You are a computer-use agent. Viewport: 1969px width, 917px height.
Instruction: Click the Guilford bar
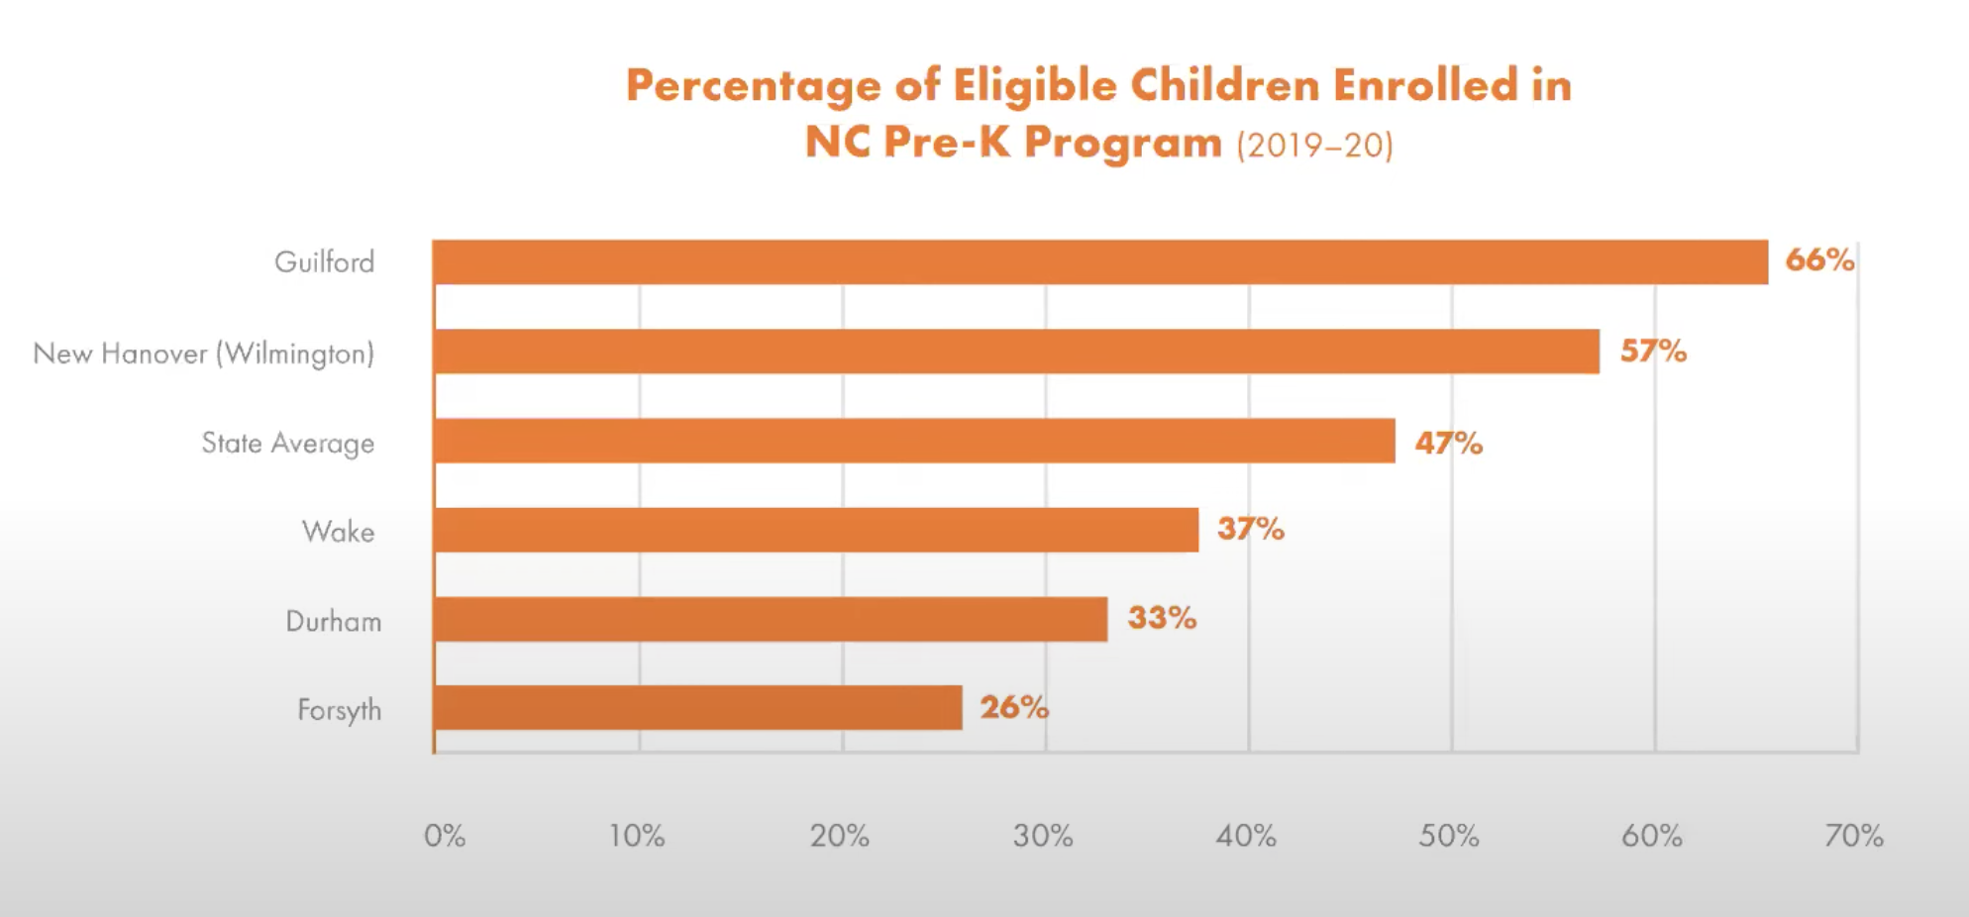coord(1099,262)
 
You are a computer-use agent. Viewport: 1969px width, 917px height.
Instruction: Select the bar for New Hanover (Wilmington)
coord(1016,352)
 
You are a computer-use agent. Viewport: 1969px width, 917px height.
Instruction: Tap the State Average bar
coord(914,441)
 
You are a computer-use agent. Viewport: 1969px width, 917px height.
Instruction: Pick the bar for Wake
coord(816,530)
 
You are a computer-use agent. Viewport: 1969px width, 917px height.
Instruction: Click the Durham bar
coord(771,619)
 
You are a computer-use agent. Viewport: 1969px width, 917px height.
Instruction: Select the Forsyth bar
coord(698,708)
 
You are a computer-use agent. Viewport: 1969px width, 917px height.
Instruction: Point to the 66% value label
coord(1819,260)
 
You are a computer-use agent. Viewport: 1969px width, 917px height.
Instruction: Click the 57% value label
coord(1653,351)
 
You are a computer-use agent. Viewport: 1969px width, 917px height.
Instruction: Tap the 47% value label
coord(1448,443)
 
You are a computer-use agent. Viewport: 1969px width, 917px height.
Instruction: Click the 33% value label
coord(1162,618)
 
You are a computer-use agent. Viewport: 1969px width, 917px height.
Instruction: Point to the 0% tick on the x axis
coord(445,836)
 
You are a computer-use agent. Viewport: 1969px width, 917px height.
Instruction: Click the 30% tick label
coord(1043,836)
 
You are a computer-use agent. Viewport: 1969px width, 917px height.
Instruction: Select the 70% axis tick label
coord(1854,836)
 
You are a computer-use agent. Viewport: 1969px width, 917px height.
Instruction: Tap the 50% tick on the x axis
coord(1449,836)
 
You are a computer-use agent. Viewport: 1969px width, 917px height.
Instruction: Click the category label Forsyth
coord(339,710)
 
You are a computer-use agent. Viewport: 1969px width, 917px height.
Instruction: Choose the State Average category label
coord(287,443)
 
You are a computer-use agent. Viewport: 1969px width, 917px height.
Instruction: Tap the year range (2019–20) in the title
coord(1314,146)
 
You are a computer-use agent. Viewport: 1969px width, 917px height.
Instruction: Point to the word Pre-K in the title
coord(946,143)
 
